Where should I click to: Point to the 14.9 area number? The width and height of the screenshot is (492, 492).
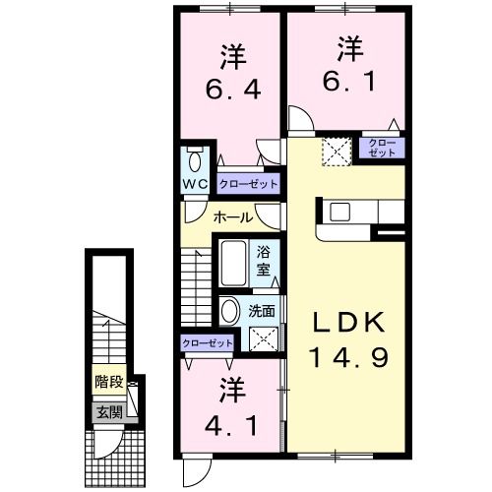tap(344, 355)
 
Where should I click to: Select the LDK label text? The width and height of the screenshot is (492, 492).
tap(344, 323)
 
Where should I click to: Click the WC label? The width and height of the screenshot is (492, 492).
tap(193, 184)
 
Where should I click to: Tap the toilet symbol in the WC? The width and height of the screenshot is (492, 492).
tap(194, 159)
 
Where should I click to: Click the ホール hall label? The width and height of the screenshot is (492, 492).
tap(233, 217)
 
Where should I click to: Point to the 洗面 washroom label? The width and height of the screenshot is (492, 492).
tap(262, 311)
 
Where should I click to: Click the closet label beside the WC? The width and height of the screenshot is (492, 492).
tap(247, 184)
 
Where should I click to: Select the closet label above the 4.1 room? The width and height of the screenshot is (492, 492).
tap(208, 342)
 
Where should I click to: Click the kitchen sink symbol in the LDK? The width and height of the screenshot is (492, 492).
tap(345, 211)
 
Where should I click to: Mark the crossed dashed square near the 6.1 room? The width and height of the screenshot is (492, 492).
tap(338, 152)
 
